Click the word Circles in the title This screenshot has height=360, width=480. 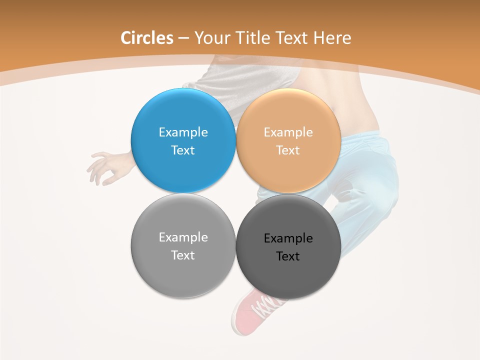pos(146,38)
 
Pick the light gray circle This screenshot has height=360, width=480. pos(183,275)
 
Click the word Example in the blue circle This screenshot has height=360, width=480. pos(183,132)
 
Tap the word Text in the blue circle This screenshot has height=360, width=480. pos(183,150)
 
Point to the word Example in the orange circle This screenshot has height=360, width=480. pos(288,132)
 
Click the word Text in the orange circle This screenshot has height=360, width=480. pos(288,150)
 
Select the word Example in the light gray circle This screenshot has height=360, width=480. pos(183,237)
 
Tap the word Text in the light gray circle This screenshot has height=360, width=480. pos(183,255)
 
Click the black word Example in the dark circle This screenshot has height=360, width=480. pos(288,238)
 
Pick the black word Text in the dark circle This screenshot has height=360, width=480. pos(288,256)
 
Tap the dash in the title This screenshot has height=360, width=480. pos(183,38)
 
